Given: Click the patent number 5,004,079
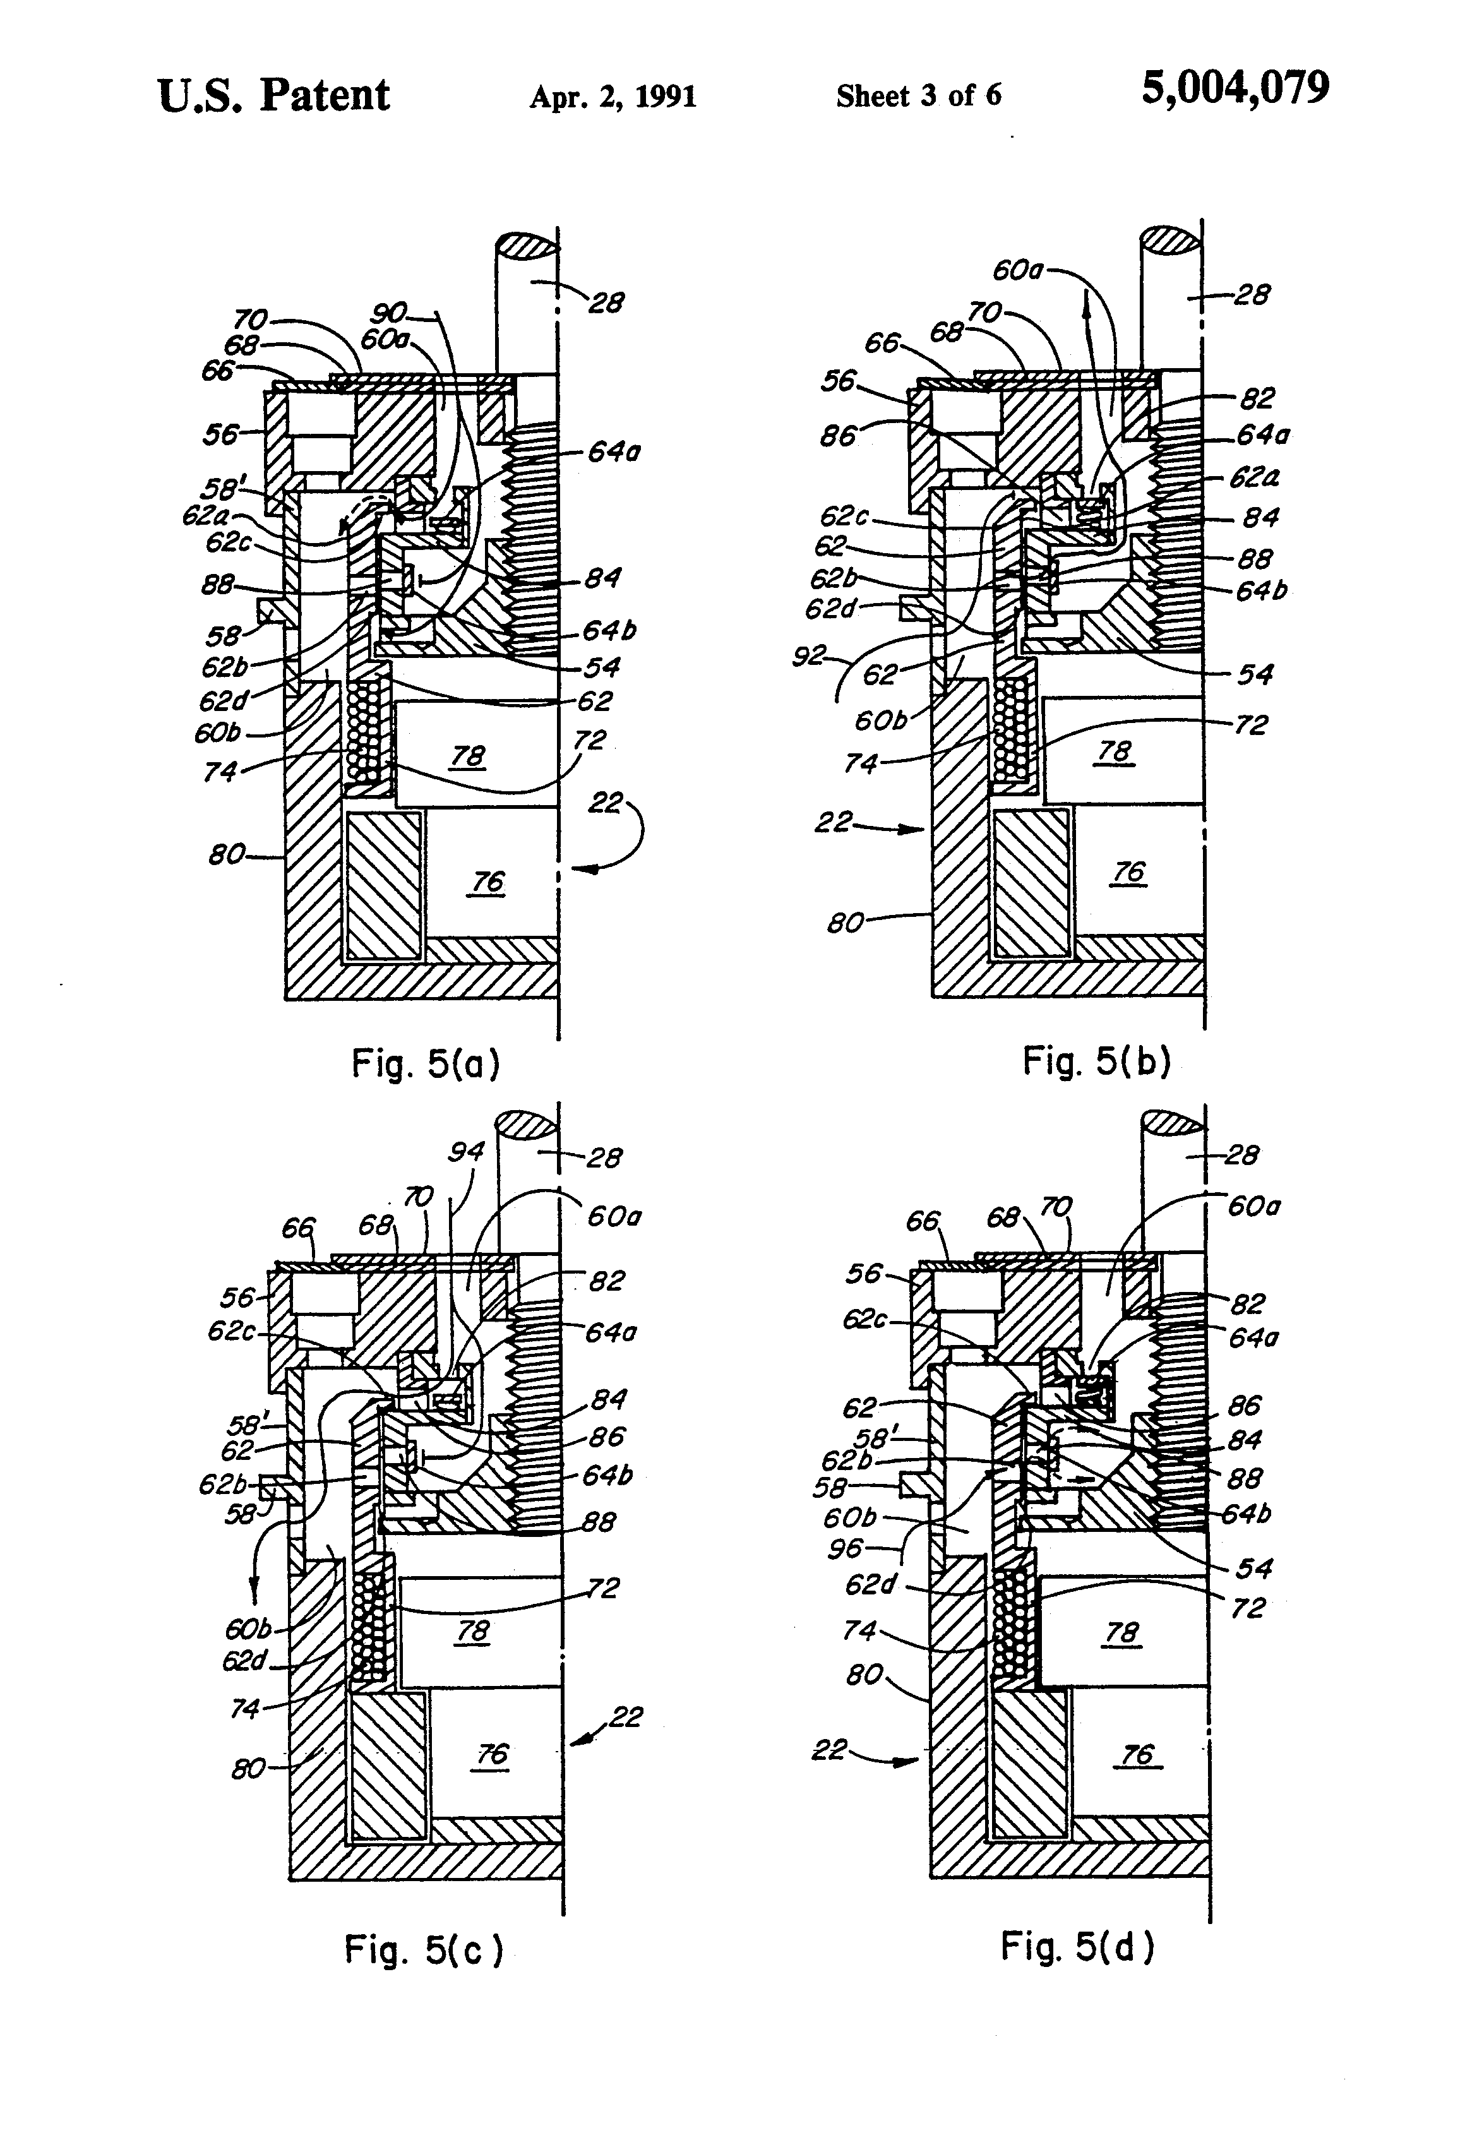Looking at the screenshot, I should pos(1235,89).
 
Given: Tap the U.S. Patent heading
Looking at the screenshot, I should pos(273,95).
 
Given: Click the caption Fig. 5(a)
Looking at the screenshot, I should pos(425,1064).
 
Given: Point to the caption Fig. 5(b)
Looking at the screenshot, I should pos(1096,1061).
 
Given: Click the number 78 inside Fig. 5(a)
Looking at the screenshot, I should pos(468,756).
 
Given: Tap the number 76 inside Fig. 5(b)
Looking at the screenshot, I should pos(1128,871).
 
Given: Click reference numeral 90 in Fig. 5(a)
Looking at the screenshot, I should pos(389,314).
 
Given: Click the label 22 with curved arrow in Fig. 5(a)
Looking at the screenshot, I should pos(605,802).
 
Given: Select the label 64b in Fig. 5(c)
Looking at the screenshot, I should pos(607,1474).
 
